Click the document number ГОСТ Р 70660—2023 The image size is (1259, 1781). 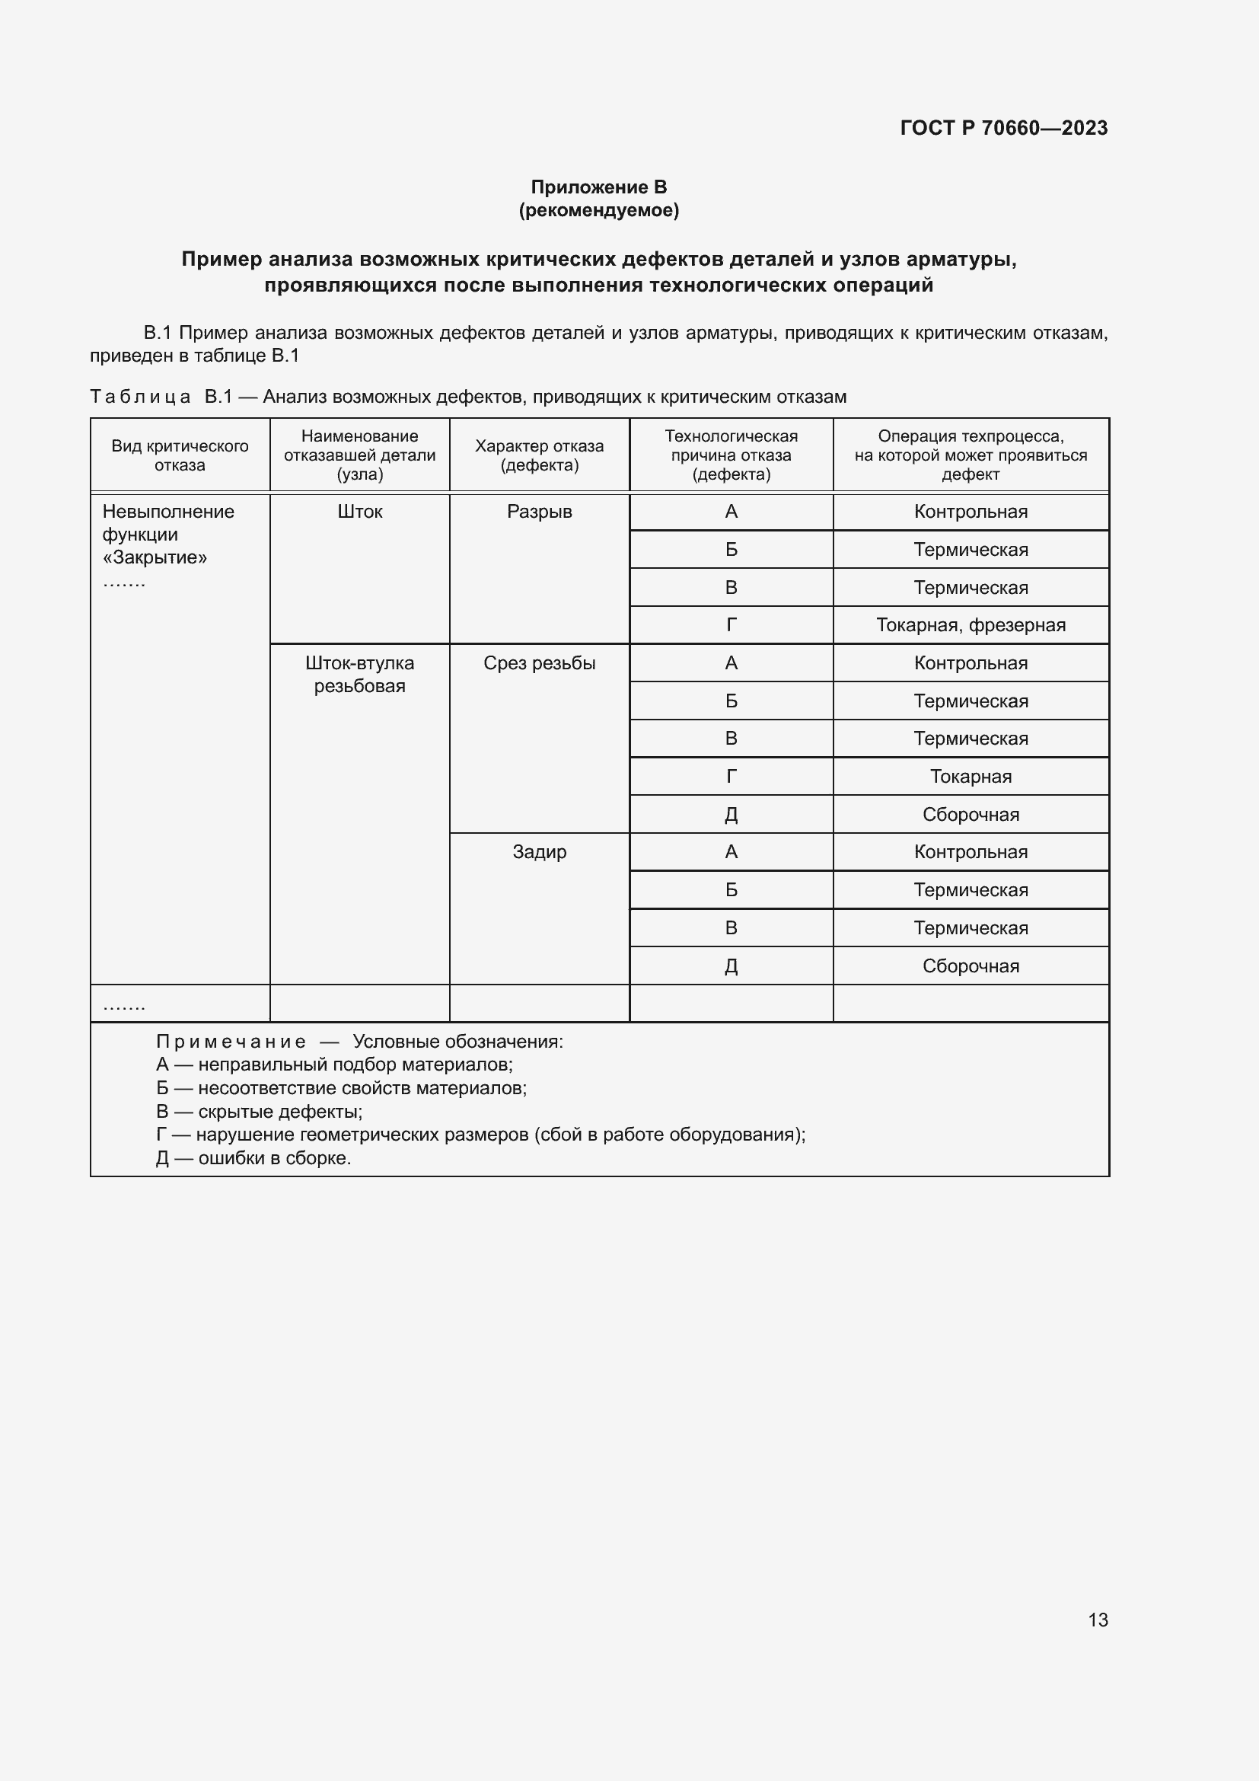pyautogui.click(x=1003, y=128)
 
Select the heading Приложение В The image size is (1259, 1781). pyautogui.click(x=598, y=187)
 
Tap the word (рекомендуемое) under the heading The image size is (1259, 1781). pyautogui.click(x=598, y=210)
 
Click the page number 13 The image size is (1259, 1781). pyautogui.click(x=1098, y=1620)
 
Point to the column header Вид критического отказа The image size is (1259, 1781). pyautogui.click(x=180, y=455)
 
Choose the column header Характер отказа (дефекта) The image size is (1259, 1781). pyautogui.click(x=539, y=455)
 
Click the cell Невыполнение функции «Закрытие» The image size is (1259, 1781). pyautogui.click(x=168, y=535)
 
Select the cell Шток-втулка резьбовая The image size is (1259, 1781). pyautogui.click(x=360, y=674)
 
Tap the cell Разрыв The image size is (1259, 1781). pyautogui.click(x=539, y=512)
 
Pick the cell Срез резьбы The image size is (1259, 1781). pyautogui.click(x=539, y=663)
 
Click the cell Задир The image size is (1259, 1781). pyautogui.click(x=539, y=852)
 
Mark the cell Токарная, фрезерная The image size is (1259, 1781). pyautogui.click(x=971, y=625)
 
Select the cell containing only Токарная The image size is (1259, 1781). pyautogui.click(x=971, y=777)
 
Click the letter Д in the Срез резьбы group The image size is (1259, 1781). pyautogui.click(x=731, y=815)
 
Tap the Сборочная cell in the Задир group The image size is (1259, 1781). pyautogui.click(x=971, y=966)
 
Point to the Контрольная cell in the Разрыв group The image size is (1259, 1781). pyautogui.click(x=971, y=512)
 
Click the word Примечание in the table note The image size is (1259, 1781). pyautogui.click(x=231, y=1042)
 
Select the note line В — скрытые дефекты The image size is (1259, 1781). pyautogui.click(x=259, y=1112)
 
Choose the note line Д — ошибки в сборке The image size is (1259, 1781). pyautogui.click(x=253, y=1158)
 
